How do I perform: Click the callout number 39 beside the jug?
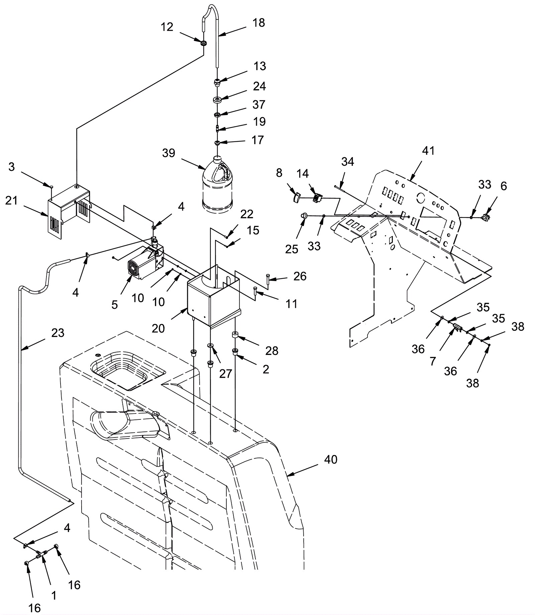169,153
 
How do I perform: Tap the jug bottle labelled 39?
217,187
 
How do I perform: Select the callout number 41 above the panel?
428,151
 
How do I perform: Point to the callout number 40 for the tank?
331,460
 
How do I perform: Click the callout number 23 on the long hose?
58,333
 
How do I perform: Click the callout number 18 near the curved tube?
259,23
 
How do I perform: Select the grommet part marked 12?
203,43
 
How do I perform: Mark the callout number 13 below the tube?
259,66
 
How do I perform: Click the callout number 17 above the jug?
257,140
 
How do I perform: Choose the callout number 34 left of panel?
347,162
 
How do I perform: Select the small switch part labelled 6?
484,218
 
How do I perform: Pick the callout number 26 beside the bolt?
300,276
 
